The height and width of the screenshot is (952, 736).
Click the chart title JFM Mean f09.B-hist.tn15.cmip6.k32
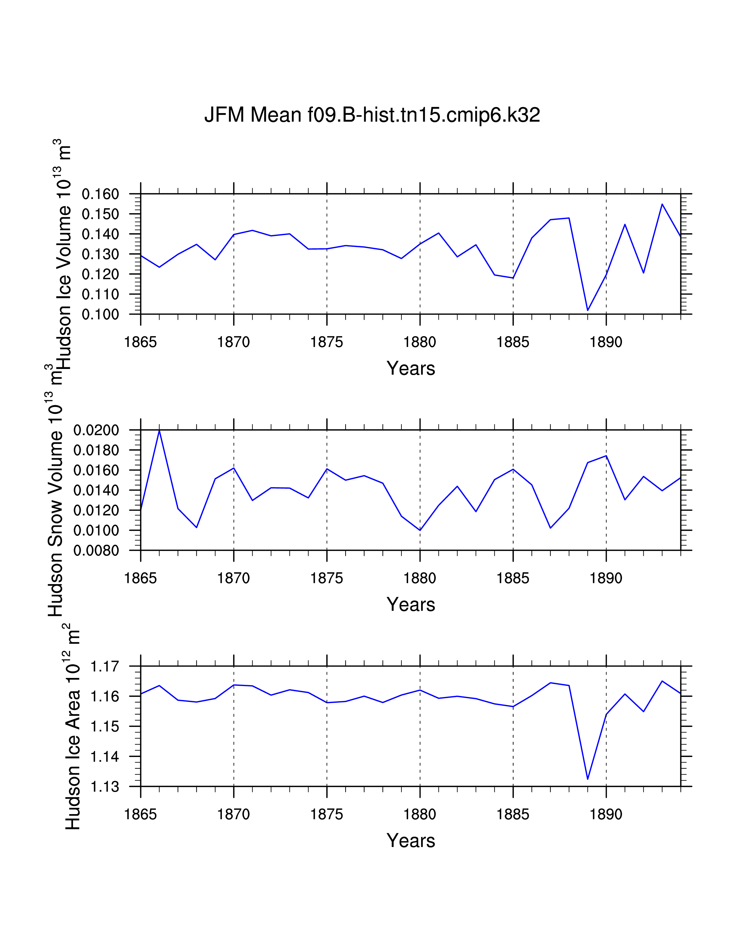[372, 115]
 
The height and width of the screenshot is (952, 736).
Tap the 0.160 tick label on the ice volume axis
[100, 194]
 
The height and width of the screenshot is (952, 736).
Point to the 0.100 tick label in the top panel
[100, 315]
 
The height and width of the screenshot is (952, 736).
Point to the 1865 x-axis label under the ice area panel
[140, 814]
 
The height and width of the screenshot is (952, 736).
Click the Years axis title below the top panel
[411, 369]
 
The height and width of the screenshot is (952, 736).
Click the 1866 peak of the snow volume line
[159, 431]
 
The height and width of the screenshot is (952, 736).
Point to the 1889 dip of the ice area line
[588, 779]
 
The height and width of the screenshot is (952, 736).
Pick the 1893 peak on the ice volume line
[662, 204]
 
